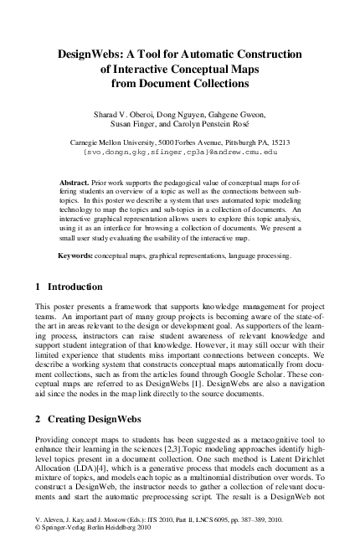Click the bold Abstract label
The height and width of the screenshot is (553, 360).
click(x=75, y=182)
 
